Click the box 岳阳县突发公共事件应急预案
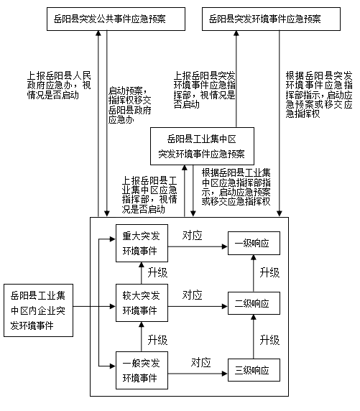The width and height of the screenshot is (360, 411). click(x=116, y=19)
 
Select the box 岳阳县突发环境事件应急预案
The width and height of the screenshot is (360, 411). click(x=271, y=19)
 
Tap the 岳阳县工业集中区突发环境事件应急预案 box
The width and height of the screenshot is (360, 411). click(x=202, y=146)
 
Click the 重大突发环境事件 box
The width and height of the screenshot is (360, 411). click(x=142, y=243)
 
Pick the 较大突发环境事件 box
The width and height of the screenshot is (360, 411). click(x=142, y=303)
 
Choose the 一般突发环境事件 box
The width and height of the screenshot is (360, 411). click(x=142, y=370)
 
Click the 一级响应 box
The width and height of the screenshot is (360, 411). click(x=254, y=243)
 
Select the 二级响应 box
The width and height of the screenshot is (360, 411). click(x=254, y=303)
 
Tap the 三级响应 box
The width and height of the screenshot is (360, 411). click(x=254, y=370)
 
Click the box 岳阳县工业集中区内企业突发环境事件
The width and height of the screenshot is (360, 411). click(x=38, y=310)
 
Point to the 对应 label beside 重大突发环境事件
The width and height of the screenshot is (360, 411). click(x=192, y=236)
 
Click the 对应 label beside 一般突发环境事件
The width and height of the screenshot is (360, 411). click(x=201, y=363)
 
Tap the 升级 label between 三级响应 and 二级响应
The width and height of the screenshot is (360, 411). click(x=269, y=340)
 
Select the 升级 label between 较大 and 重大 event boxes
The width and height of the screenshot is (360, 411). click(x=157, y=272)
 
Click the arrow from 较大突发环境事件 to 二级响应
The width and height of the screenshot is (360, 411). click(x=198, y=306)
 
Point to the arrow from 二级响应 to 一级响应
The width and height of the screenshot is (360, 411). click(x=254, y=273)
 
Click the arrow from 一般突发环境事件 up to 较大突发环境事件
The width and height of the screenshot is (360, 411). click(x=142, y=336)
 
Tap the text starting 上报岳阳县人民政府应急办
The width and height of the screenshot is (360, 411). click(x=59, y=86)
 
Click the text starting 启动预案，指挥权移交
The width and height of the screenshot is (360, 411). click(x=130, y=105)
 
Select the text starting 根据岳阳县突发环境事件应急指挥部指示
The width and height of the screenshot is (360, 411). click(x=319, y=94)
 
